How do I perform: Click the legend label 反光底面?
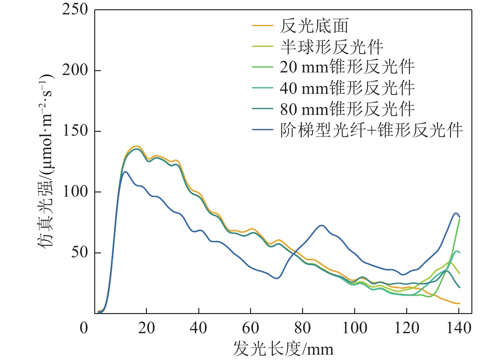[314, 26]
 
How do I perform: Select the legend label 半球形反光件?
[332, 47]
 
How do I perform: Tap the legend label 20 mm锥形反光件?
[347, 67]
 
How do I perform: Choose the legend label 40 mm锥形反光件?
[347, 88]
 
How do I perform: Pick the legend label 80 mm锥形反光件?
[347, 109]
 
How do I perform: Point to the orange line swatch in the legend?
[263, 26]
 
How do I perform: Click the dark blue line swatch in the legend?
[263, 130]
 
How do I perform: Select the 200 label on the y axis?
[75, 70]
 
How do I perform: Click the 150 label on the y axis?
[75, 131]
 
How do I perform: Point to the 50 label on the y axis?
[79, 252]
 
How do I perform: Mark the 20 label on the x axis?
[147, 328]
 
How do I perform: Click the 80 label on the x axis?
[302, 328]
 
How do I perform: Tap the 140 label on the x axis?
[459, 328]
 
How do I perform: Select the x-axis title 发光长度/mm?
[283, 349]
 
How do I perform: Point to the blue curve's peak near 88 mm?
[322, 225]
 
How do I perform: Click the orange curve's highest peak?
[136, 146]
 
